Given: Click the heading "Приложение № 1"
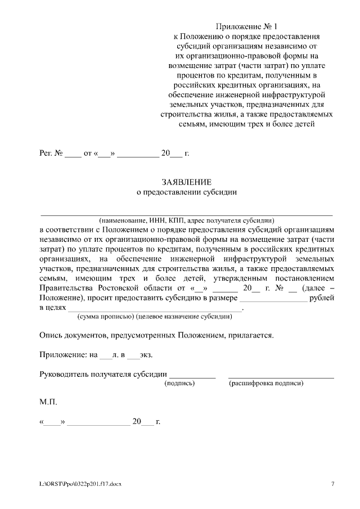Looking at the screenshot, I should [247, 27].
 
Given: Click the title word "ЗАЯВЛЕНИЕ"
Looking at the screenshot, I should [187, 182].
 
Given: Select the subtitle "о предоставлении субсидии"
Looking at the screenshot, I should [187, 192].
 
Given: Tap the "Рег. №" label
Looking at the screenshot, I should [50, 153].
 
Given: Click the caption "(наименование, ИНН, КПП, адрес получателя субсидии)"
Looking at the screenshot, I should [186, 220].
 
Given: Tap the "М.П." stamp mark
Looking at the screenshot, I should [48, 403].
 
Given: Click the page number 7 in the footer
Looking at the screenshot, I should [332, 483].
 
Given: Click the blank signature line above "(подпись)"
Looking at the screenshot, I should [192, 377].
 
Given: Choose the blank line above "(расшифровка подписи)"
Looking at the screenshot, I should [281, 377].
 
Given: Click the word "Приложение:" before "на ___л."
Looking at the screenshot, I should [61, 355].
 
